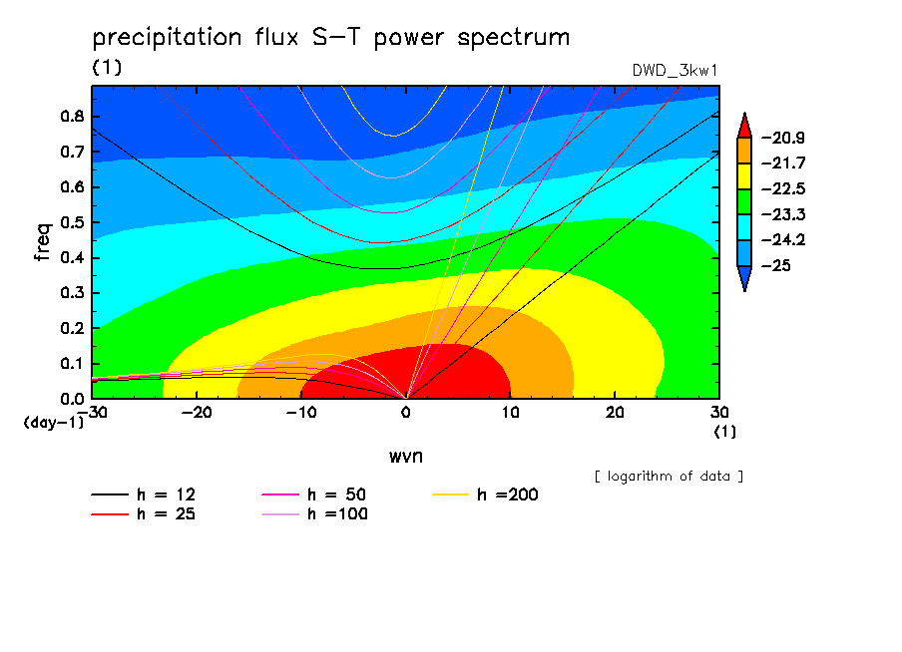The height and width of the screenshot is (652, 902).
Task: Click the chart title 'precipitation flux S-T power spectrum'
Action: coord(331,38)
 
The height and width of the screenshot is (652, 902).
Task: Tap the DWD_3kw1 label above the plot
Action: coord(675,71)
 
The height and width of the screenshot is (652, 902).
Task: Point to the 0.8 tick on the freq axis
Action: coord(72,116)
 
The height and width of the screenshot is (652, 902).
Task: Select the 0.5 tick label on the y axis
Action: coord(72,222)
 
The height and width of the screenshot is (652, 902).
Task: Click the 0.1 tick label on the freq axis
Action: coord(72,364)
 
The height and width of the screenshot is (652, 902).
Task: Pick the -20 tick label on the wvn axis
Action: coord(197,413)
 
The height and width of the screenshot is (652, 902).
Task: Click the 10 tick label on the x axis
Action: coord(510,413)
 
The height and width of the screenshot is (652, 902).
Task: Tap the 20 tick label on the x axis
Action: coord(615,413)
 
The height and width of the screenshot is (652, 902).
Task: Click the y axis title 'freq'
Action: coord(43,242)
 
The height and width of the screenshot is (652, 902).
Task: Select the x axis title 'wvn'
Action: coord(405,457)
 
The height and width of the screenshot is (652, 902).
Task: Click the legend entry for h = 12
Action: coord(144,494)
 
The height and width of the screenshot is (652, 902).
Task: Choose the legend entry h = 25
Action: coord(144,514)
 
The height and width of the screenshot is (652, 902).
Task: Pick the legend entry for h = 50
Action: coord(314,494)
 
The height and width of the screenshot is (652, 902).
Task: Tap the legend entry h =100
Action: coord(314,514)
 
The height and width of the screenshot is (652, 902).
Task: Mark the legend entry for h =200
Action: coord(485,494)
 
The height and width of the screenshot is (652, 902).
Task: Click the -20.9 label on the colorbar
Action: coord(783,138)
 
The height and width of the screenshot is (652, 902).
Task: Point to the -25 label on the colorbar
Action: coord(775,265)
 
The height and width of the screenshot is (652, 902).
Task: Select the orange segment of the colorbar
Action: coord(744,151)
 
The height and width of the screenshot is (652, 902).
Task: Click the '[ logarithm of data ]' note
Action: coord(669,477)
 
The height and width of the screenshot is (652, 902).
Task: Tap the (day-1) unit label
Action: coord(53,423)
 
